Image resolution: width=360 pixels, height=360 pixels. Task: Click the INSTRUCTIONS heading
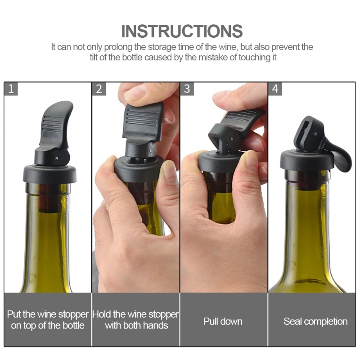[182, 31]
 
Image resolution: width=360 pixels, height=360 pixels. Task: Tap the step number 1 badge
[11, 89]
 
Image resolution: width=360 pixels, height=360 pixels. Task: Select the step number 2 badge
[99, 89]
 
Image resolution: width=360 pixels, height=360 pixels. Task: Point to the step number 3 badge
[187, 89]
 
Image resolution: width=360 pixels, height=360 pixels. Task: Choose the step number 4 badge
[275, 89]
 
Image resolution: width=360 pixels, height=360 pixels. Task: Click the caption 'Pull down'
[223, 321]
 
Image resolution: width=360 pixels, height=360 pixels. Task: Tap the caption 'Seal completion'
[315, 321]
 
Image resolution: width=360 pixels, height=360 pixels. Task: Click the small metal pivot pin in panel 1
[56, 158]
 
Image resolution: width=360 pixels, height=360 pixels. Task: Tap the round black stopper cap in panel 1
[49, 174]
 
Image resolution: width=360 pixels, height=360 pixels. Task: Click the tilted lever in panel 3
[237, 125]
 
